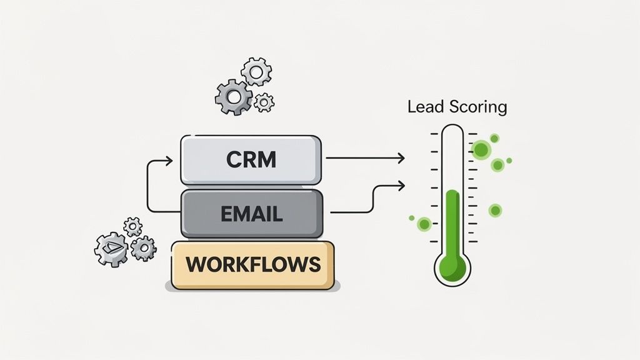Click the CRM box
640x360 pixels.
pos(251,159)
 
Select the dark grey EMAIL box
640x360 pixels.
pos(252,213)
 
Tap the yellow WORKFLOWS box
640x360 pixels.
pos(252,264)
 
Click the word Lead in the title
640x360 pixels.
pos(426,107)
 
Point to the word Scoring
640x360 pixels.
pos(477,107)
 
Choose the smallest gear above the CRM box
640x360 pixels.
pos(264,102)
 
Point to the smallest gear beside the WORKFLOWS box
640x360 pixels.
pos(132,226)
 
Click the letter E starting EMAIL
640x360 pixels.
pos(227,214)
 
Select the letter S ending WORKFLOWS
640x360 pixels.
pos(313,264)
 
